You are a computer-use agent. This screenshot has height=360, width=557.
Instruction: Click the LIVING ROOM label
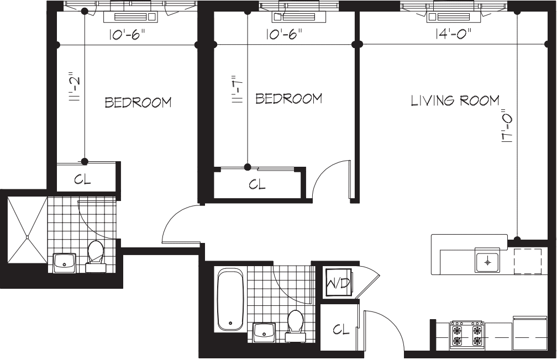455,100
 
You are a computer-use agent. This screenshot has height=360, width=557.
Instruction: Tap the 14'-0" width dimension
453,34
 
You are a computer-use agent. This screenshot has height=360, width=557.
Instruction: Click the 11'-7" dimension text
238,90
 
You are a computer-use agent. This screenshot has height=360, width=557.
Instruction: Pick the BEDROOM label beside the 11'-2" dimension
138,102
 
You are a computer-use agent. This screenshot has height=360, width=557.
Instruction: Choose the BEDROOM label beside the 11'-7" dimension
288,99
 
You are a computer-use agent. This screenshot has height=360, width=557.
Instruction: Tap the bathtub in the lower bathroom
230,300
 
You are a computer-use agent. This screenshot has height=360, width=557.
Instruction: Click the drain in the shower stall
27,237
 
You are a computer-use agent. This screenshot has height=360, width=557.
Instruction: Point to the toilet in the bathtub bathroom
296,324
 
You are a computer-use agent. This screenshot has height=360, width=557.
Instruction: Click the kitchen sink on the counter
487,261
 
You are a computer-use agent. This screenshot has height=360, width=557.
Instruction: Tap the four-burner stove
467,334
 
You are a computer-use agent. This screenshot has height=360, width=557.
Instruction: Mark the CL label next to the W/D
341,330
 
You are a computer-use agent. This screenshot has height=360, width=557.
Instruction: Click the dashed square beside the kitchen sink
527,261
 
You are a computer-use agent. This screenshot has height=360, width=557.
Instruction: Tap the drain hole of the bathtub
230,324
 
